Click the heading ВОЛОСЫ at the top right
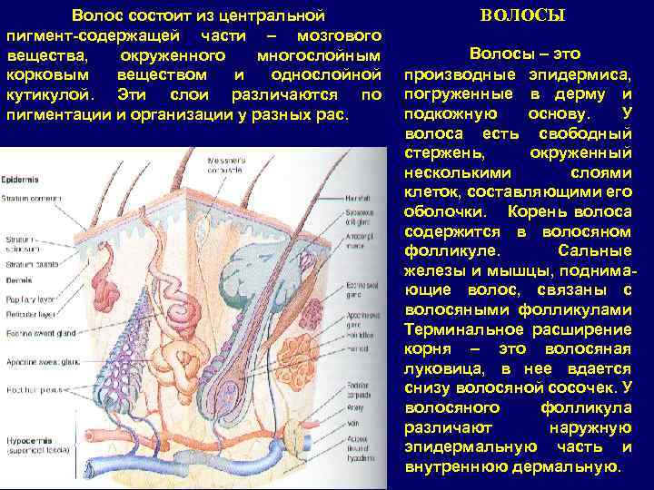(x=521, y=15)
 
